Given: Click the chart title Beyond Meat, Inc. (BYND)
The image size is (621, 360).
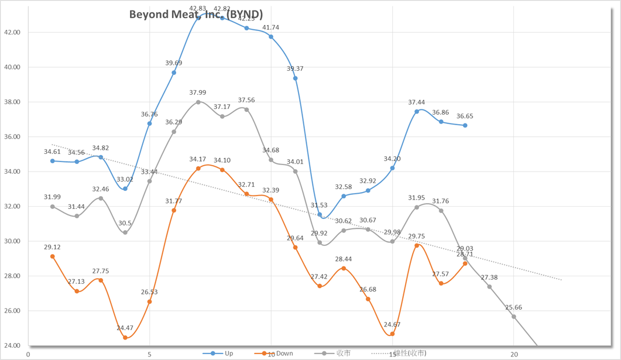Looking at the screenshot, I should [x=196, y=14].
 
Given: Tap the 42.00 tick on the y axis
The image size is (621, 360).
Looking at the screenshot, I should [x=12, y=32].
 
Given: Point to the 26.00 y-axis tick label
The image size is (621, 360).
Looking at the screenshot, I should [x=12, y=311].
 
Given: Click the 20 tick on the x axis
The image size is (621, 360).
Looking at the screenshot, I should [x=514, y=354].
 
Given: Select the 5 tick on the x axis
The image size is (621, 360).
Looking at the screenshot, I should [x=149, y=354].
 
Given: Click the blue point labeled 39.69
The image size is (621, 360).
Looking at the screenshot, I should [x=174, y=73].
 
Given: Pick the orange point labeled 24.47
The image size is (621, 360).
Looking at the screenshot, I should [x=125, y=338].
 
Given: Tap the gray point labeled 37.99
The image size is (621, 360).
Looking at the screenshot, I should [x=198, y=102].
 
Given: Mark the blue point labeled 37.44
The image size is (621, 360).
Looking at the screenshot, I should [x=417, y=111].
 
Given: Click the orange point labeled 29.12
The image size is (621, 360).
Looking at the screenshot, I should [x=53, y=256].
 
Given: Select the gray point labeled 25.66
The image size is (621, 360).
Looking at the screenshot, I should [x=514, y=317].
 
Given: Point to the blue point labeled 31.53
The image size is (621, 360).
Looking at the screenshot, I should [x=320, y=215].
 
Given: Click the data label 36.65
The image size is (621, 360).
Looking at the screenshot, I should [x=465, y=116].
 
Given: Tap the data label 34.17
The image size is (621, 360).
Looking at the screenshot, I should [x=198, y=159].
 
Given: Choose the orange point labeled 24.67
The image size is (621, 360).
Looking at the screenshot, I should [x=392, y=334].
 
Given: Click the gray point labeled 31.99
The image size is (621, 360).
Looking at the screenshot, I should [x=53, y=207].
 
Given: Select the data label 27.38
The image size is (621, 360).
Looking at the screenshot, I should [x=489, y=277].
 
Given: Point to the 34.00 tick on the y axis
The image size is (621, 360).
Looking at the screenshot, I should [x=12, y=172].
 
